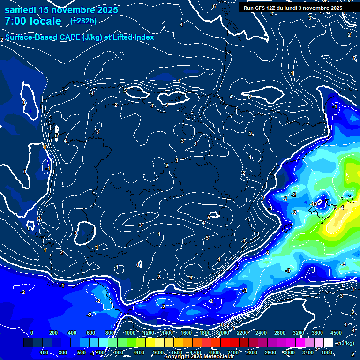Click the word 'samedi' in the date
[x=20, y=10]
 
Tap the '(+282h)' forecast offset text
[x=83, y=21]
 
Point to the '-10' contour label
[x=314, y=204]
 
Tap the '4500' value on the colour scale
[x=336, y=333]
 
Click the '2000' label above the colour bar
[x=224, y=333]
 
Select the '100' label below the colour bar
[x=45, y=352]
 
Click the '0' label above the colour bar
[x=32, y=333]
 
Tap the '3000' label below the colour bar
[x=289, y=352]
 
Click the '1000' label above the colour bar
[x=130, y=333]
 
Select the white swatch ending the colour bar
[x=328, y=343]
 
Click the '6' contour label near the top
[x=214, y=6]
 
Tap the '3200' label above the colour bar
[x=299, y=333]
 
